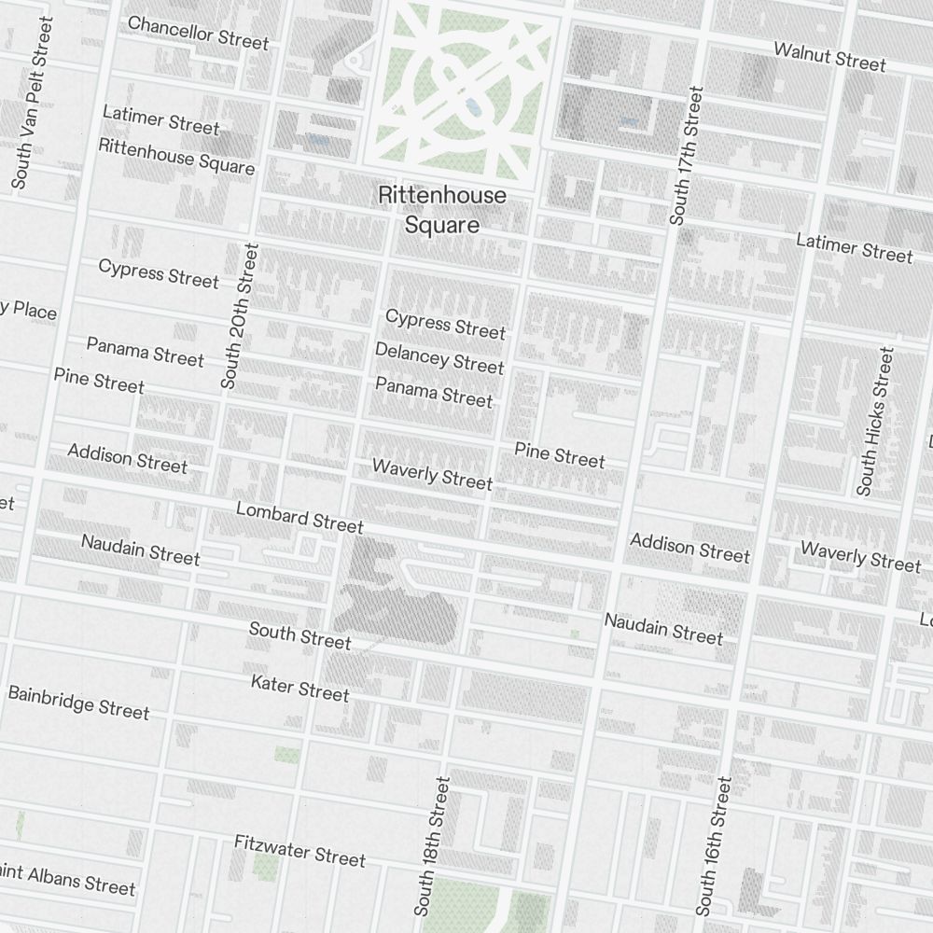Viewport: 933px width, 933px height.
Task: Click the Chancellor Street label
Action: click(x=198, y=32)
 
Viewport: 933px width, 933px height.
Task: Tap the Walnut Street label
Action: click(x=829, y=56)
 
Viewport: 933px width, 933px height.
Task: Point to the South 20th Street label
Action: click(x=240, y=315)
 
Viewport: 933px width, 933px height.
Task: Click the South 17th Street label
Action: click(x=685, y=155)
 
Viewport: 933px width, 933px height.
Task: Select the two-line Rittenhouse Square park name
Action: click(x=442, y=210)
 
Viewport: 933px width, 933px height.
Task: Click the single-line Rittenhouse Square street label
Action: click(x=176, y=157)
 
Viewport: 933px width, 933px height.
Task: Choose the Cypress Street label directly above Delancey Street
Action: click(x=445, y=324)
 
